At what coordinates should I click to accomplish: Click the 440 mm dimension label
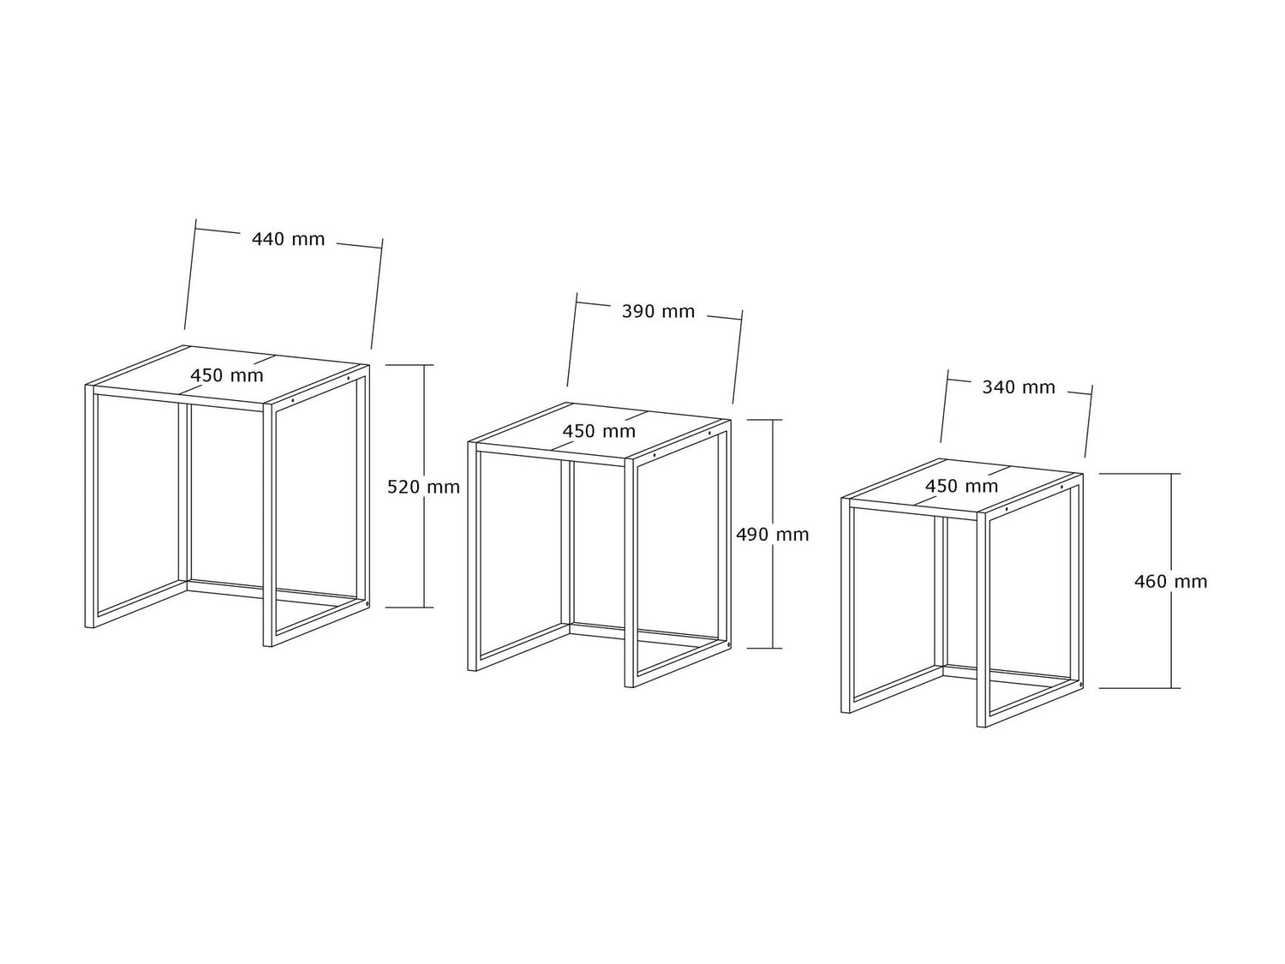coord(288,239)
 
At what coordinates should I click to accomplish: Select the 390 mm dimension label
coord(658,311)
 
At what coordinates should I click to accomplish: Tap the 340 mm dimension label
coord(1019,387)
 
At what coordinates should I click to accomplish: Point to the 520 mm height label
coord(423,487)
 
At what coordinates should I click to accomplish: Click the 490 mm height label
coord(772,535)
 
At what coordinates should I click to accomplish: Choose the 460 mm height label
coord(1170,582)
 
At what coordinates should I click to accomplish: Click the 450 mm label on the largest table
coord(226,376)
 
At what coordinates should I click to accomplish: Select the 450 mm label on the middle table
coord(599,431)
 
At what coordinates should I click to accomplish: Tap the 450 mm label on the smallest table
coord(961,487)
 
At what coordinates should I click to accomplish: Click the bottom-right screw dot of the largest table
coord(367,603)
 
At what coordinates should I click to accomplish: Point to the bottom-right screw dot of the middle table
coord(728,644)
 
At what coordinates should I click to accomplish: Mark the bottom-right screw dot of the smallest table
coord(1080,684)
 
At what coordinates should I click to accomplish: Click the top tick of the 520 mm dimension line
coord(409,365)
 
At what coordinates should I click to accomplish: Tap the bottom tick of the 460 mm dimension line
coord(1139,688)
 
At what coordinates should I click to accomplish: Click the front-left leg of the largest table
coord(90,507)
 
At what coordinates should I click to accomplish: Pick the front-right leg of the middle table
coord(630,573)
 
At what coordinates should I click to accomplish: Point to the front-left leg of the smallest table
coord(846,606)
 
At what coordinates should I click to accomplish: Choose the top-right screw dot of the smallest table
coord(1062,488)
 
